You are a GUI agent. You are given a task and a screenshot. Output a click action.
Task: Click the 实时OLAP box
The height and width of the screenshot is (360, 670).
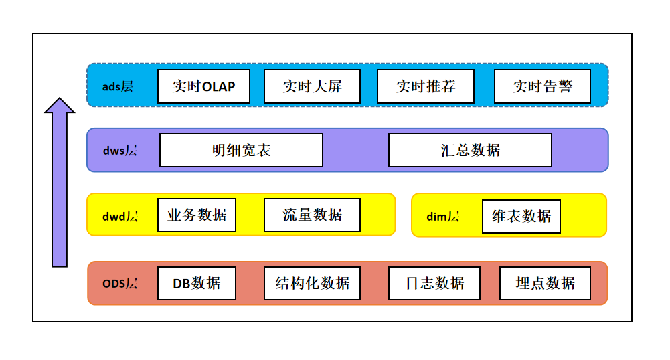coord(203,86)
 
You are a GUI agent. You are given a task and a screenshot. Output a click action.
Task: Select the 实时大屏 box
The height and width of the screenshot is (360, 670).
coord(312,86)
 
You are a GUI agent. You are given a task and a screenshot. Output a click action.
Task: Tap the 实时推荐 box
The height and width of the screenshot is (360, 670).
coord(426,86)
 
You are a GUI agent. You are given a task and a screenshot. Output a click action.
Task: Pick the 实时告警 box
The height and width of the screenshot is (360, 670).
coord(542,86)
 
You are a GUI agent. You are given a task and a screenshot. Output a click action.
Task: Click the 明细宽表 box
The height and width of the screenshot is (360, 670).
coord(241,150)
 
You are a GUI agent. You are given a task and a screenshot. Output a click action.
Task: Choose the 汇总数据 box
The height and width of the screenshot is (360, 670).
coord(470,150)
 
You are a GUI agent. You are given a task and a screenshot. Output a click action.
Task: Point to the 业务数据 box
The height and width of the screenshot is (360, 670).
coord(197,215)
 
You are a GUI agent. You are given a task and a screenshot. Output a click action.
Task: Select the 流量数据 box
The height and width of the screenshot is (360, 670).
coord(312,215)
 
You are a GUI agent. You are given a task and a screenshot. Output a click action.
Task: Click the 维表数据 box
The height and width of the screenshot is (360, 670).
coord(521,216)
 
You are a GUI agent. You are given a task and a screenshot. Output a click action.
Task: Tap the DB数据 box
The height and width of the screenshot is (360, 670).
coord(197,283)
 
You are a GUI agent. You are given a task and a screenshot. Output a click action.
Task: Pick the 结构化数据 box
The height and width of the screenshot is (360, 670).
coord(312,283)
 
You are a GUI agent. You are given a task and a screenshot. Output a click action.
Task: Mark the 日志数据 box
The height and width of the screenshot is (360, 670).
coord(435,283)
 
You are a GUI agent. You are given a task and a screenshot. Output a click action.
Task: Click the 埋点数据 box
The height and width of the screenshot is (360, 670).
coord(546,283)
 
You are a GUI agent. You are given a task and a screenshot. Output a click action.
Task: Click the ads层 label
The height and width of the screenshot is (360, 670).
coord(118,86)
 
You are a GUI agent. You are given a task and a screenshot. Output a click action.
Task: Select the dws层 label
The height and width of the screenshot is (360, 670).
coord(120,151)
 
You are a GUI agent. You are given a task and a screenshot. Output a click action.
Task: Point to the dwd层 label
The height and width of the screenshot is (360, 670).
coord(120,216)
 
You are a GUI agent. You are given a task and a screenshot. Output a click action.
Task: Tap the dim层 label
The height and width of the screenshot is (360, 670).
coord(443,216)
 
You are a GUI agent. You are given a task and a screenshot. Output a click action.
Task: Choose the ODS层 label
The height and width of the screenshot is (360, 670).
coord(120,283)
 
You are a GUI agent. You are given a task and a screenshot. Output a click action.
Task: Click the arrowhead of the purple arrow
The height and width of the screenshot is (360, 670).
coord(60,106)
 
